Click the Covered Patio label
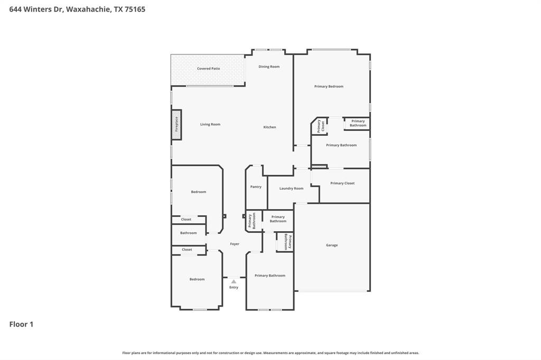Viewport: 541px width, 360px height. coord(208,69)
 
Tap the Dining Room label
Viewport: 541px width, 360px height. coord(269,67)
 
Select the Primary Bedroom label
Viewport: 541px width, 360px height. coord(329,86)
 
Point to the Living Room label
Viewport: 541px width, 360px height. coord(210,125)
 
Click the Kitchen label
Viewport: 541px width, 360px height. coord(269,127)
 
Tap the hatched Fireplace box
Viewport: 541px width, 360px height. coord(176,125)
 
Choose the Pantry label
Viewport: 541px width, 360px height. coord(256,187)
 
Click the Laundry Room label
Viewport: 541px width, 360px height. coord(291,188)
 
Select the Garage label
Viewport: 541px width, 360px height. coord(331,245)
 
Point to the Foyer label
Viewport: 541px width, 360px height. coord(235,244)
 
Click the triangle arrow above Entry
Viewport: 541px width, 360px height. coord(234,281)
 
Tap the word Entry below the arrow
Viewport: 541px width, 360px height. coord(234,288)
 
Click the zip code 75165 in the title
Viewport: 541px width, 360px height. coord(135,9)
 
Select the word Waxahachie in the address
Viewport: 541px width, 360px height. coord(88,9)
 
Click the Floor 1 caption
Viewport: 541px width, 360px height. coord(21,324)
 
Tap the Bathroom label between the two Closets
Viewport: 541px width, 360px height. coord(188,233)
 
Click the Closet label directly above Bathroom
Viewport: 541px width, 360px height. coord(186,220)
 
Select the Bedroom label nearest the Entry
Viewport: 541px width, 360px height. coord(197,279)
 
